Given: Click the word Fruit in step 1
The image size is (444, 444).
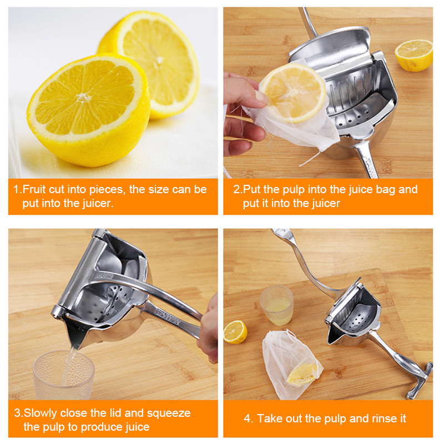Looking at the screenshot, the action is (34, 189).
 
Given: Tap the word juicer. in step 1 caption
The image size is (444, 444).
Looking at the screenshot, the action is (98, 203).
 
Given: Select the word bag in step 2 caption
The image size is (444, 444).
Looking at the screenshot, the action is (385, 189).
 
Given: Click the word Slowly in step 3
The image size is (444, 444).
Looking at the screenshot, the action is (41, 413).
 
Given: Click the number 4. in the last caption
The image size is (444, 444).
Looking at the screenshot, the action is (249, 418).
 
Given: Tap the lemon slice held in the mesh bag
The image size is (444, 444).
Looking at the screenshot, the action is (293, 93).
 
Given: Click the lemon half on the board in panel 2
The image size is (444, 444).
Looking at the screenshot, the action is (413, 55).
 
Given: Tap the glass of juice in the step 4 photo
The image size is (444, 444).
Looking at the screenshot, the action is (276, 305).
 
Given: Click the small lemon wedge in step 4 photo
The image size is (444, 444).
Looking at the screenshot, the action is (235, 332).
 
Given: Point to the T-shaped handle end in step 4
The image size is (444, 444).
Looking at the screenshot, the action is (420, 381).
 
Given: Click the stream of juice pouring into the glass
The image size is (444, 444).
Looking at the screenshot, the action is (69, 365).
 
